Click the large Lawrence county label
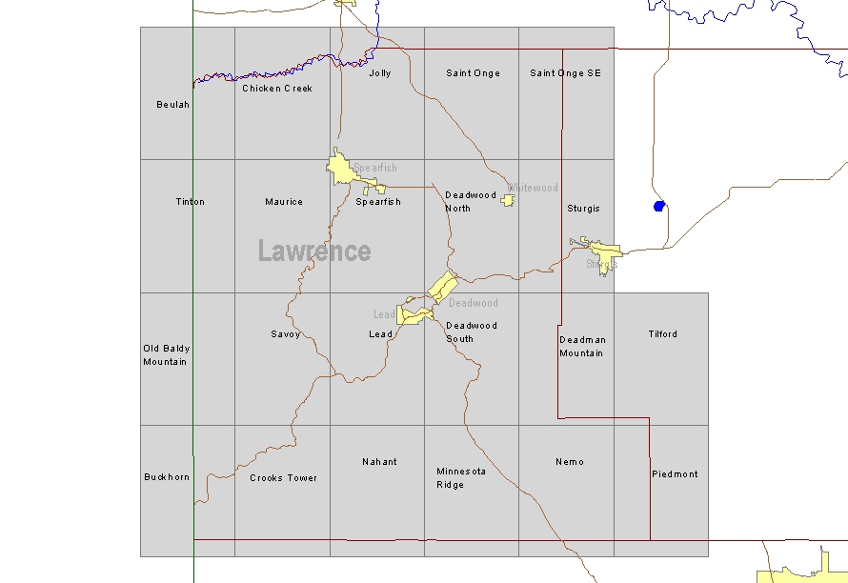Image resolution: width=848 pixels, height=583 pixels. [314, 251]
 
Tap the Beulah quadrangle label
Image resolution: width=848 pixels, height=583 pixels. [173, 105]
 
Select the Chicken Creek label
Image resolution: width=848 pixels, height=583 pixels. [277, 89]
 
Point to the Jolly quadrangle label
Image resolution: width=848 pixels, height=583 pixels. [380, 73]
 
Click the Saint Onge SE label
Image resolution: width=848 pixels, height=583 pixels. [566, 73]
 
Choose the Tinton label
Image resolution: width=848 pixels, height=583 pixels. [191, 202]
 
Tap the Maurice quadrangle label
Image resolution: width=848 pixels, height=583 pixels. [284, 202]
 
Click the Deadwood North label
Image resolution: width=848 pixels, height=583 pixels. [471, 202]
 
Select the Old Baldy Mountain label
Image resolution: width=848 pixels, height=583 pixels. [166, 355]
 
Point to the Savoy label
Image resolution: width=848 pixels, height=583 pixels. [286, 334]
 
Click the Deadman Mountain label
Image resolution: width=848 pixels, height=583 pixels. [582, 347]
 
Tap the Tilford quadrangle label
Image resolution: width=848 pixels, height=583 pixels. [663, 334]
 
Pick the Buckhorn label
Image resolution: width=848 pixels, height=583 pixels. [167, 477]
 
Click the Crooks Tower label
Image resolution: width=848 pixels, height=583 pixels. [284, 478]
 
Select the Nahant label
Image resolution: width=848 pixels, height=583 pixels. [379, 462]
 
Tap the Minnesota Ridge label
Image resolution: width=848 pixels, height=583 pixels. [461, 478]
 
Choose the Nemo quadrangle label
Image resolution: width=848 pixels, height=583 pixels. [570, 462]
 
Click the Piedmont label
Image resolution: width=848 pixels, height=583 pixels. [675, 474]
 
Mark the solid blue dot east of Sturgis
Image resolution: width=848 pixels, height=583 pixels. [658, 206]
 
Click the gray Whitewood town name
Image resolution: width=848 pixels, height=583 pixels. [534, 189]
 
